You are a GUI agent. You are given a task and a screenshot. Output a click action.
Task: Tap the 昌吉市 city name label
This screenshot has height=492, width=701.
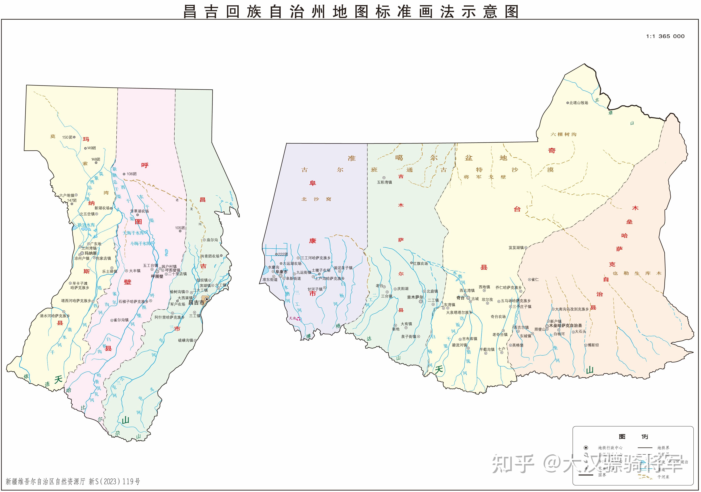coord(196,303)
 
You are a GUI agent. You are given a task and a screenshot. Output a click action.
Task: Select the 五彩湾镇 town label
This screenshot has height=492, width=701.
coord(384,182)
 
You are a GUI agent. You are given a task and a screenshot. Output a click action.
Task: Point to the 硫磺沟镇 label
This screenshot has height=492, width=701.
coord(186,340)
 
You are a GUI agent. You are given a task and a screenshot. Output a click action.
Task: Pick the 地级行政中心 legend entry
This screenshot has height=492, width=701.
coord(610,448)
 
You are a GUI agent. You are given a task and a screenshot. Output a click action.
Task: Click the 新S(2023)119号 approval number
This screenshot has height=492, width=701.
coord(114,481)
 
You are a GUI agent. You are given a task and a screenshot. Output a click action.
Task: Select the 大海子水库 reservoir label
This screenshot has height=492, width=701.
coord(133,233)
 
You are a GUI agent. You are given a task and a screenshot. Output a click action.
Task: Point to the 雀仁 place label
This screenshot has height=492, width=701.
coord(535,279)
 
